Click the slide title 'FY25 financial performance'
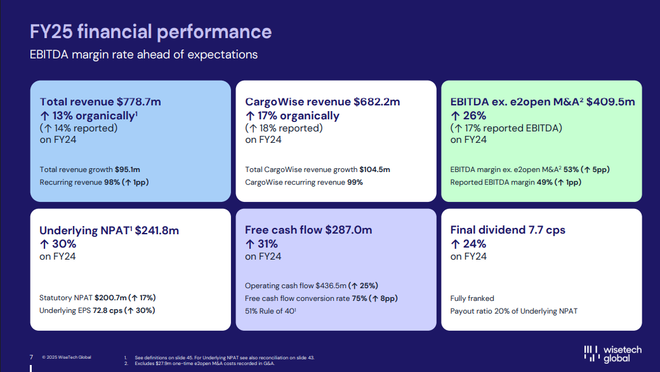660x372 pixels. [x=151, y=32]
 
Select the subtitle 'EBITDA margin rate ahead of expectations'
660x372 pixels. [x=144, y=55]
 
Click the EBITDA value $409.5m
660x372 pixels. [x=610, y=102]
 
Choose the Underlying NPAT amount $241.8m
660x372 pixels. [x=157, y=230]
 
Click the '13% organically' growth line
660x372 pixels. [x=93, y=116]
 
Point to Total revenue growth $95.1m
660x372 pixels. [x=127, y=169]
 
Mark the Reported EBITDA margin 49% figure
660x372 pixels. [x=545, y=182]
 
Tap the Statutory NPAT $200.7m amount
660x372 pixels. [x=110, y=298]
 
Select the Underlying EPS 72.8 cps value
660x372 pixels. [x=107, y=310]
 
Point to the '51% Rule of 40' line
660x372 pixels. [x=270, y=311]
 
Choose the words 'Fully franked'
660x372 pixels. [x=472, y=298]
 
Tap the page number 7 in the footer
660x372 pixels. [x=31, y=357]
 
